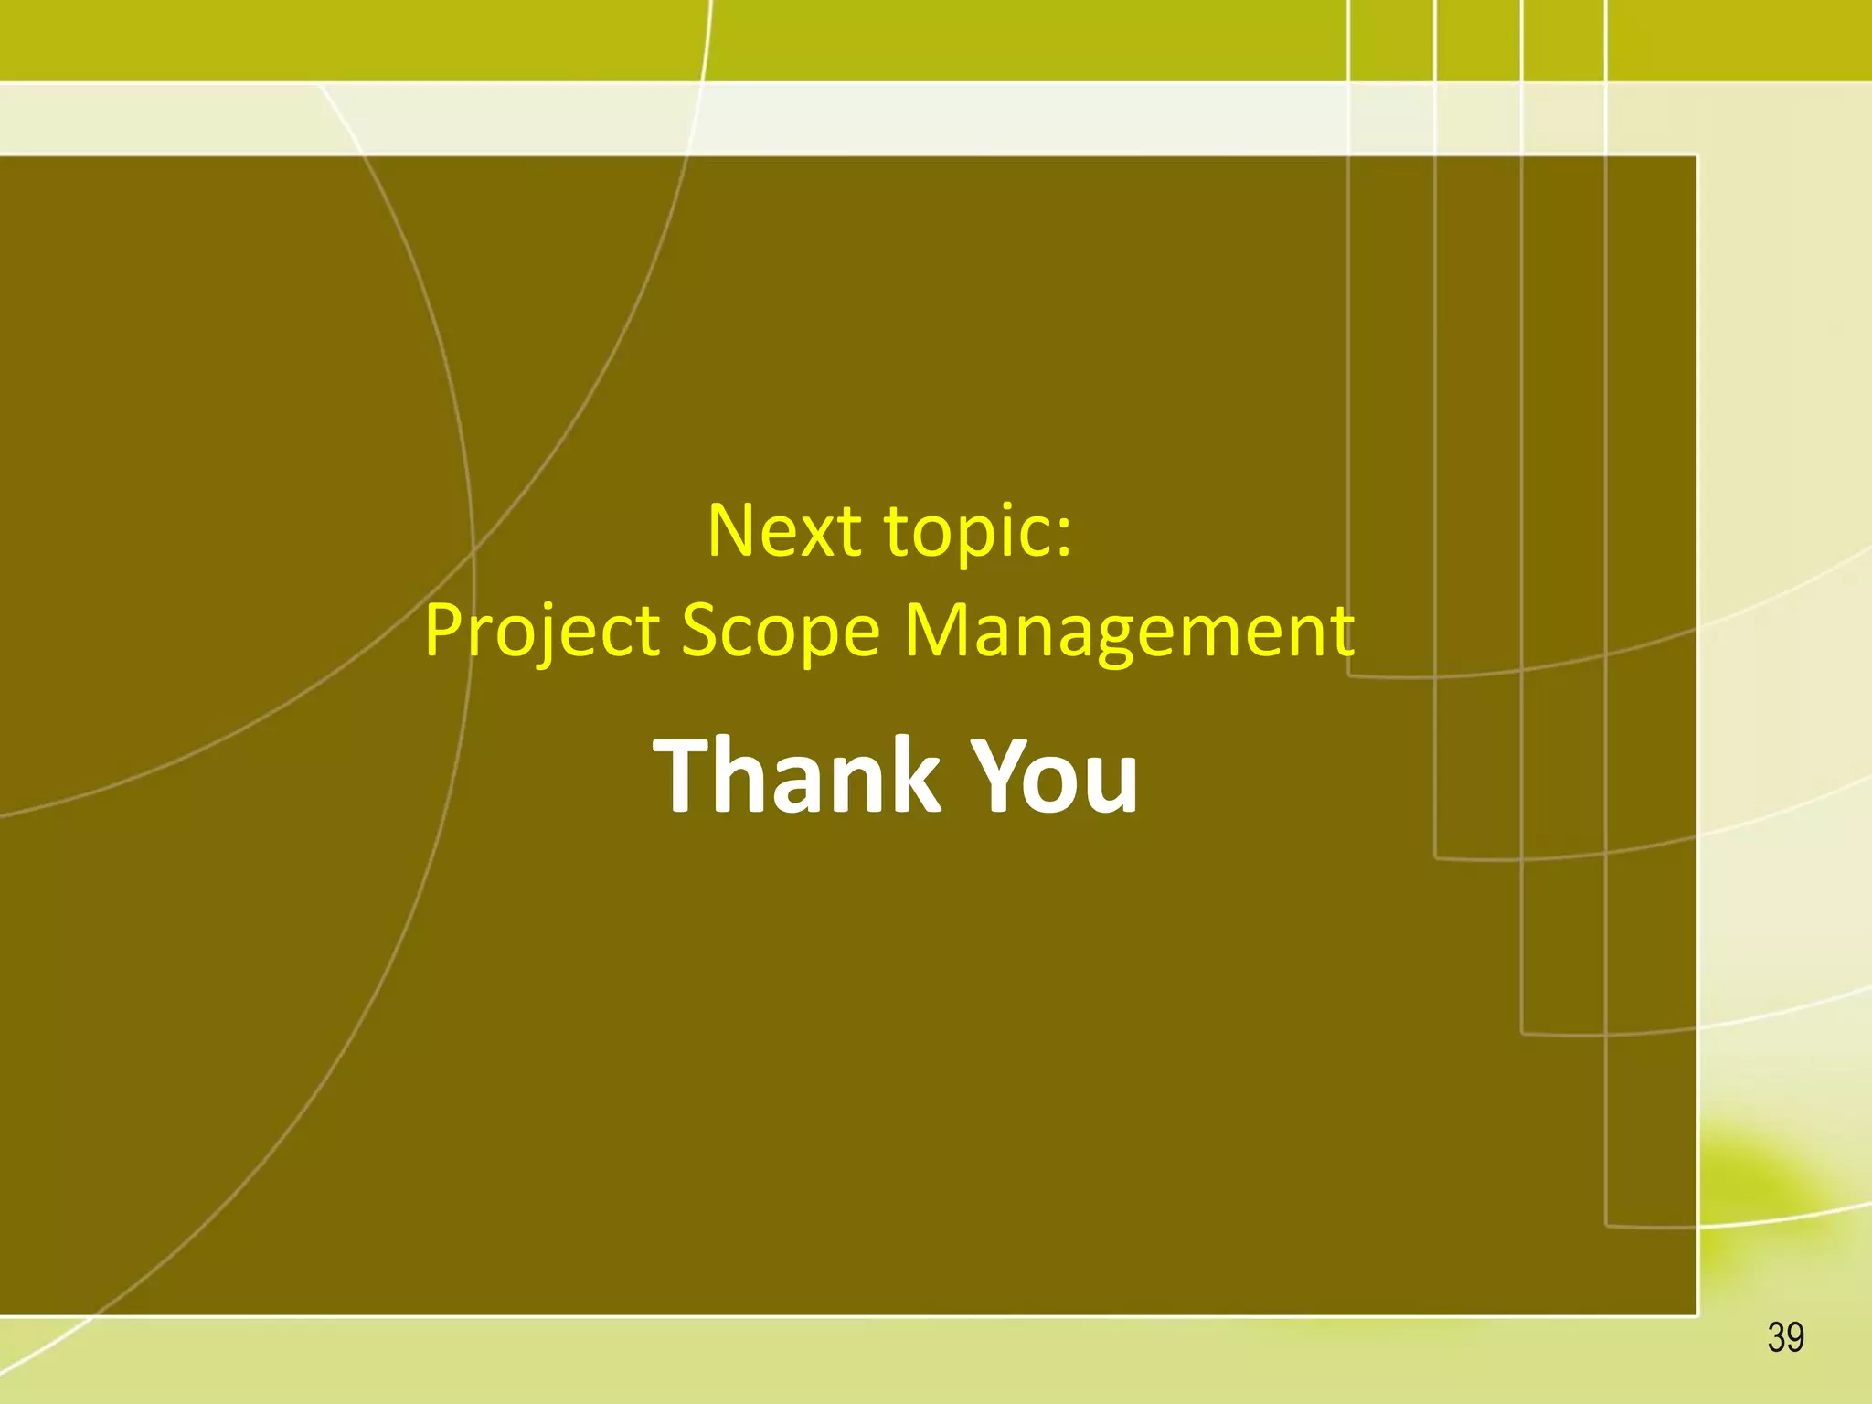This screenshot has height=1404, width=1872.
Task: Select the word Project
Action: coord(541,632)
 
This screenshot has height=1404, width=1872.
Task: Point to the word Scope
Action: coord(781,632)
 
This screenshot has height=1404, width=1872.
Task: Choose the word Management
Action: coord(1129,632)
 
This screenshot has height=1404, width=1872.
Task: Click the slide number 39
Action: coord(1785,1337)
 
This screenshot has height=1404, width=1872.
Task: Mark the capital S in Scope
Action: coord(702,630)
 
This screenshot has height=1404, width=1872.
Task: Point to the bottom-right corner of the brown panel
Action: coord(1696,1314)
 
